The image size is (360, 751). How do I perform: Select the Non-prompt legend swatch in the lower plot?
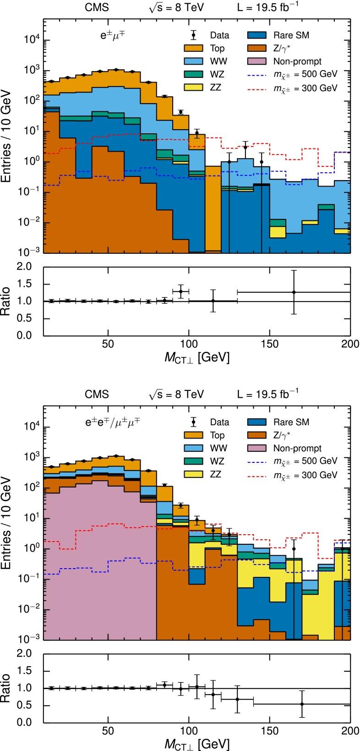tap(260, 448)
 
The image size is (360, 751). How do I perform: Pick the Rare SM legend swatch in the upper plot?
tap(260, 34)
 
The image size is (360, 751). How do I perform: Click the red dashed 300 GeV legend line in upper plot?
tap(260, 88)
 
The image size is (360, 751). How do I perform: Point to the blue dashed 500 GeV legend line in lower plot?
tap(260, 461)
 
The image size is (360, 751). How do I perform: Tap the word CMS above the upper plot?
tap(97, 7)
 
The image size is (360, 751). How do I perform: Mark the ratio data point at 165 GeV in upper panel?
tap(294, 292)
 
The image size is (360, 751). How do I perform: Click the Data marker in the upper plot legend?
tap(194, 34)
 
